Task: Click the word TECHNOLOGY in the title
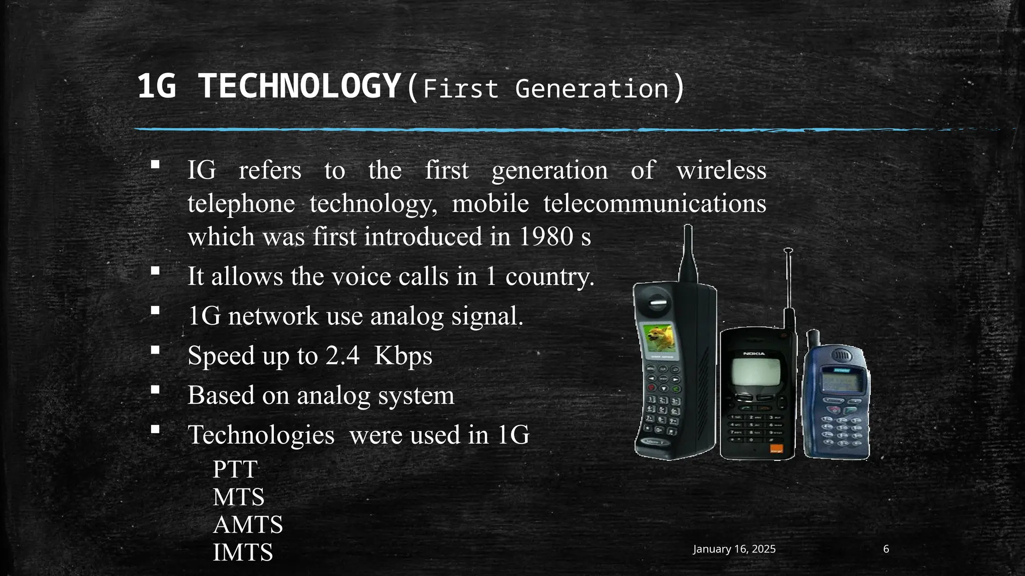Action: tap(300, 86)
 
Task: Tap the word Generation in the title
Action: tap(592, 89)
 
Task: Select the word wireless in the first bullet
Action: tap(721, 170)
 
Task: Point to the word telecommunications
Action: tap(655, 203)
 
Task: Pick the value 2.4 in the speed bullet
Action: tap(342, 355)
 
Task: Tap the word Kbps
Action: tap(403, 355)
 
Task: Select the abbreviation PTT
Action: tap(235, 469)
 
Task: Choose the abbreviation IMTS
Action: tap(243, 552)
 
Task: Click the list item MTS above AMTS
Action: tap(238, 497)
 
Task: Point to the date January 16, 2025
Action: tap(734, 549)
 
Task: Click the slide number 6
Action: tap(886, 549)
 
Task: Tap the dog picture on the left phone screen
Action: tap(659, 338)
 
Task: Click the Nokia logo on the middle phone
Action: tap(754, 353)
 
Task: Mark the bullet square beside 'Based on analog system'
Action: tap(155, 389)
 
